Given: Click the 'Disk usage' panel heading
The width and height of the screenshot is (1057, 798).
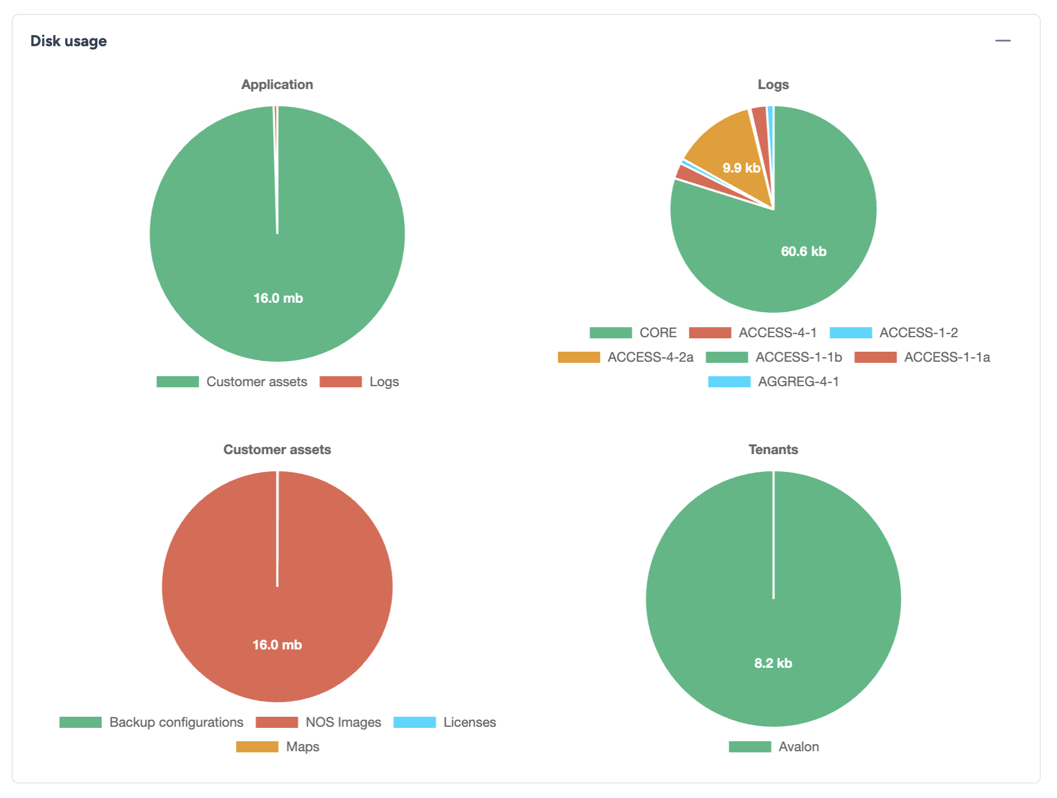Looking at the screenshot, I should click(68, 41).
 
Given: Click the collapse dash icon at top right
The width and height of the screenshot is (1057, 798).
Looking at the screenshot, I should click(1002, 41).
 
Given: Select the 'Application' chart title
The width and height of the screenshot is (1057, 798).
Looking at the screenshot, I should click(277, 85).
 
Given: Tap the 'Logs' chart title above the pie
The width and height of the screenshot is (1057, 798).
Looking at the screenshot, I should click(773, 85).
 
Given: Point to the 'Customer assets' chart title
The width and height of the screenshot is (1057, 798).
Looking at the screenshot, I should click(277, 450).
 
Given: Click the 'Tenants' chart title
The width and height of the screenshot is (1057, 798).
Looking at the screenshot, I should click(773, 450).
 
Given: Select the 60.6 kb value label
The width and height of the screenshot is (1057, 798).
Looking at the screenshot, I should click(803, 252).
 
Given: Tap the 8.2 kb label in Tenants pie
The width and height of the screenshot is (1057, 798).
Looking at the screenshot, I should click(773, 663).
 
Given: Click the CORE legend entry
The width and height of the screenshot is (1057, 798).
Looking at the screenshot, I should click(634, 333).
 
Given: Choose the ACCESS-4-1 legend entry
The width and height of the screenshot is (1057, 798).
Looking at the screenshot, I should click(753, 333).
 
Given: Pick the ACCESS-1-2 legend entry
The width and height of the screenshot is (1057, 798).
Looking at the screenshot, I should click(894, 333).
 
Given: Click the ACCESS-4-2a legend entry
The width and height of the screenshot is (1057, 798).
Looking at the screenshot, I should click(626, 357).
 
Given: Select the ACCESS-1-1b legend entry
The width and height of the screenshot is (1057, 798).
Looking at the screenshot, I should click(774, 357).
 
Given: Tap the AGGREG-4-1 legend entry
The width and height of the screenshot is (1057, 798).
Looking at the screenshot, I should click(774, 382).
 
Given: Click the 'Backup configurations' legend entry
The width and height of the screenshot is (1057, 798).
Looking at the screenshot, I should click(152, 722).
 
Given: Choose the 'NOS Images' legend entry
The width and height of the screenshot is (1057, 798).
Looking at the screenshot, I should click(319, 722).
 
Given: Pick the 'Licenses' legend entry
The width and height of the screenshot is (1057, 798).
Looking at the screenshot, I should click(445, 722).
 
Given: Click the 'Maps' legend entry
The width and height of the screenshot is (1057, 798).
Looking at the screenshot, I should click(278, 747).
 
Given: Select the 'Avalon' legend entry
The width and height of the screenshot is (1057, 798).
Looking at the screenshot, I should click(774, 747).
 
